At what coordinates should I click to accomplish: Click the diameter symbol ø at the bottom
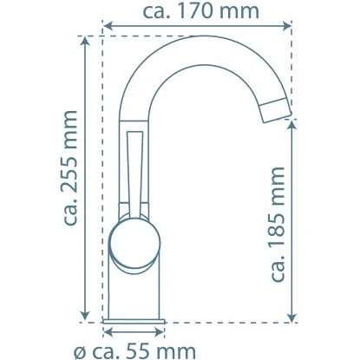point(79,352)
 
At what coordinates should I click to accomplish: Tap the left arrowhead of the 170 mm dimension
point(108,26)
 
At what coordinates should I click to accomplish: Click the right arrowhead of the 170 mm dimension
point(287,26)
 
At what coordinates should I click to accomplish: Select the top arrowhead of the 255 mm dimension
point(85,42)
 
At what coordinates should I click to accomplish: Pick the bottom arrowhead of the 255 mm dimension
point(85,316)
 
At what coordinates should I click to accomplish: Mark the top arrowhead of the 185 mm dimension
point(292,125)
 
